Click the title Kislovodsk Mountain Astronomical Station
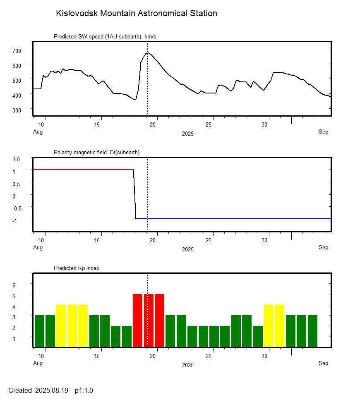(136, 13)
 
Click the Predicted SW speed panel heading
(105, 37)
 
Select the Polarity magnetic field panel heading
(96, 153)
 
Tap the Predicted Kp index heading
(77, 268)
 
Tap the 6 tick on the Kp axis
(13, 285)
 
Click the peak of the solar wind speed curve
(147, 53)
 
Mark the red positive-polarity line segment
(83, 170)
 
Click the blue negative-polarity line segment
(232, 218)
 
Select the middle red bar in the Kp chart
(149, 320)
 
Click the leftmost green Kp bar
(39, 331)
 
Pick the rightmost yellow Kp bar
(280, 326)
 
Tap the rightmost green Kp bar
(312, 331)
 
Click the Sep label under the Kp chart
(323, 363)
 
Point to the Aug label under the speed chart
(38, 132)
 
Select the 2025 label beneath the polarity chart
(187, 250)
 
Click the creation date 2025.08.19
(53, 391)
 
